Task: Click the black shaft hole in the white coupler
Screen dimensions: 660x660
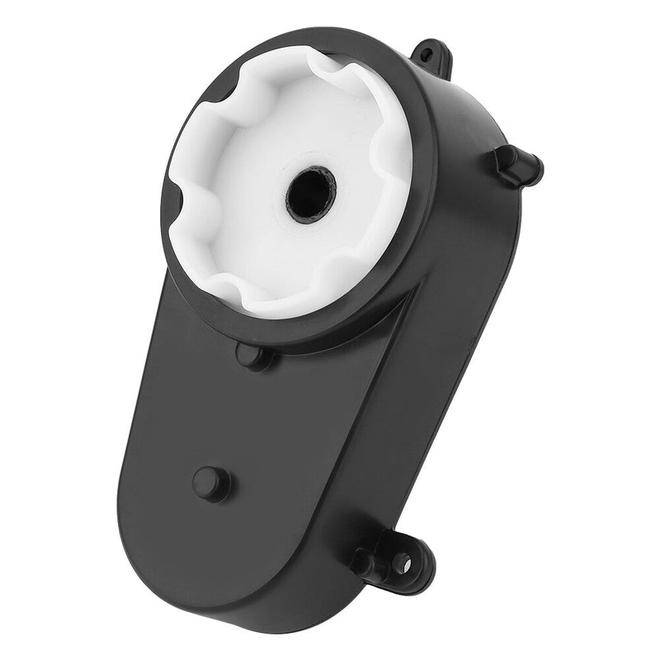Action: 311,193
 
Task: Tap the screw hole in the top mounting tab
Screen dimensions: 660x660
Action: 426,55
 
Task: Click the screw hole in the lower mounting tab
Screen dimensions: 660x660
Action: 402,563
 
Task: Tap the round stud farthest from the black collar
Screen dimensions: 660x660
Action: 210,483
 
